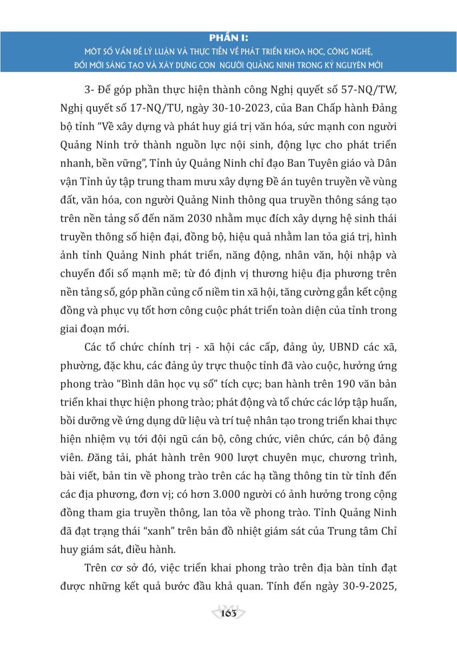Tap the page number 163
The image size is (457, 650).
coord(229,613)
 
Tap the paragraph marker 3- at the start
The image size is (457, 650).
coord(90,89)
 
